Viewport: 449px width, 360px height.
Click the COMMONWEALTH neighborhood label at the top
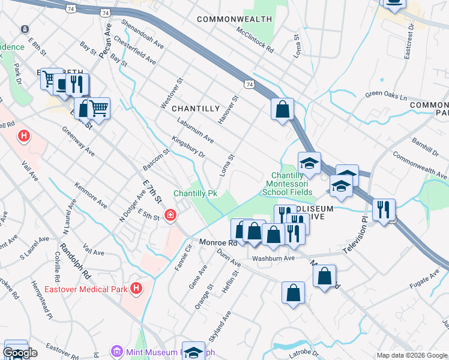point(235,19)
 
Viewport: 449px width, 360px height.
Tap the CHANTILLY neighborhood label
point(196,109)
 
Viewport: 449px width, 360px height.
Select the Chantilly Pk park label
point(194,193)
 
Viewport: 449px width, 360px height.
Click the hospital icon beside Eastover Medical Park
point(136,289)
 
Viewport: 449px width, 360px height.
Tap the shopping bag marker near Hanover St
point(282,110)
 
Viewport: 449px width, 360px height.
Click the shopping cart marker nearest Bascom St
point(99,109)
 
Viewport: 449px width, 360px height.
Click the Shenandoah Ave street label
point(142,35)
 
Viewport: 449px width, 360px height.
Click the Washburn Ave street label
point(273,259)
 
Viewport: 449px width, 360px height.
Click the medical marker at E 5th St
point(170,215)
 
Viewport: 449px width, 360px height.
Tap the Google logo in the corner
point(20,353)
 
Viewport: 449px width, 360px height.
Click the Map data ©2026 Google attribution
point(412,355)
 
